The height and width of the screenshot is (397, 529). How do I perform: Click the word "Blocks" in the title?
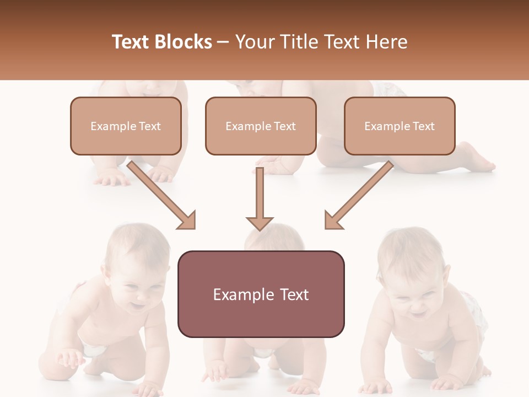coord(185,42)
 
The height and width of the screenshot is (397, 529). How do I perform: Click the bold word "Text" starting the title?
coord(132,42)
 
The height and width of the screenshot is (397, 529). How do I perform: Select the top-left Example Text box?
coord(126,126)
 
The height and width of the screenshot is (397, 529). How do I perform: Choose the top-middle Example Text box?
coord(261,126)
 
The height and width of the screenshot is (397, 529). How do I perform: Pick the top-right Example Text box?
coord(400,126)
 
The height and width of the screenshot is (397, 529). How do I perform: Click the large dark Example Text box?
coord(261,294)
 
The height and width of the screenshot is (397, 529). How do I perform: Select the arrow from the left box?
coord(163,196)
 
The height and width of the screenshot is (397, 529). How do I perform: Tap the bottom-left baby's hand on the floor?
coord(69,358)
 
